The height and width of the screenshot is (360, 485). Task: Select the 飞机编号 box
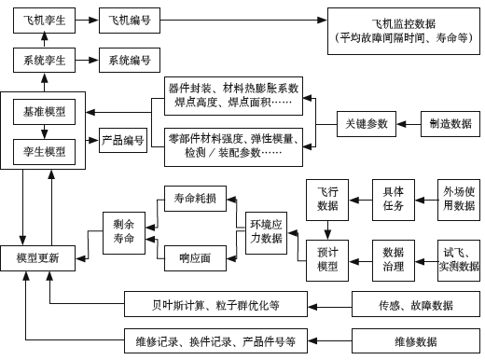point(130,19)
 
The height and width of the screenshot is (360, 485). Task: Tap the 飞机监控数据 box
point(403,30)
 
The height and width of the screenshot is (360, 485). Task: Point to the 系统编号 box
point(130,61)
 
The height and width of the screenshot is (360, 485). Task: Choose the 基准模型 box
point(45,112)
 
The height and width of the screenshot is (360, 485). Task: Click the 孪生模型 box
point(45,149)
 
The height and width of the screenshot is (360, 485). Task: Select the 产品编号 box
point(122,141)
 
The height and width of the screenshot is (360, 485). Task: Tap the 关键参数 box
point(366,123)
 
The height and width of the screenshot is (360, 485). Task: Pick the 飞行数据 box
point(328,198)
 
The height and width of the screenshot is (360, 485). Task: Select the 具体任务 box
point(394,198)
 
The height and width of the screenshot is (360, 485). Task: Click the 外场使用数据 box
point(459,198)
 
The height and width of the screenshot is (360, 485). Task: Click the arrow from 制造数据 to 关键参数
point(408,123)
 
